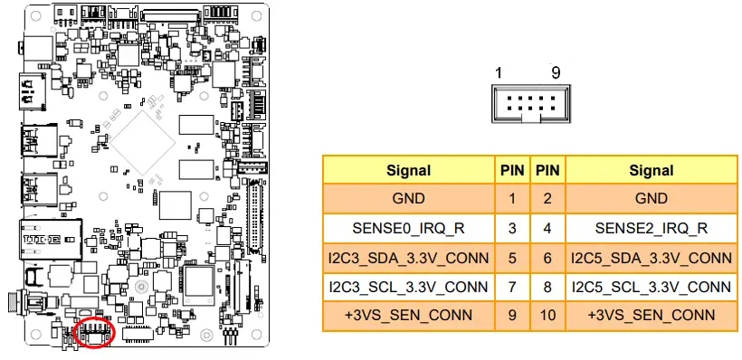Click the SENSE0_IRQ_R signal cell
click(x=408, y=228)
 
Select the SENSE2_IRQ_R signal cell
click(x=652, y=228)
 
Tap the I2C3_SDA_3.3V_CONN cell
click(x=408, y=258)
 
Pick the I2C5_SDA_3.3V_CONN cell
click(x=652, y=258)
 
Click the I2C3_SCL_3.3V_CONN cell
click(x=408, y=287)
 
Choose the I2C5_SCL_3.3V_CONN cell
click(x=652, y=287)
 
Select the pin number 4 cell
click(x=547, y=228)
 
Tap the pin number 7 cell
click(x=511, y=287)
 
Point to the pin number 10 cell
click(x=547, y=316)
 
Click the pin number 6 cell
click(x=547, y=258)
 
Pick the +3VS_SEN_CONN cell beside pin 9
click(x=408, y=316)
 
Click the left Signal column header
click(x=408, y=169)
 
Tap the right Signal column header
click(x=652, y=169)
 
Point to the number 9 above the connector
click(x=556, y=72)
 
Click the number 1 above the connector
click(x=499, y=72)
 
